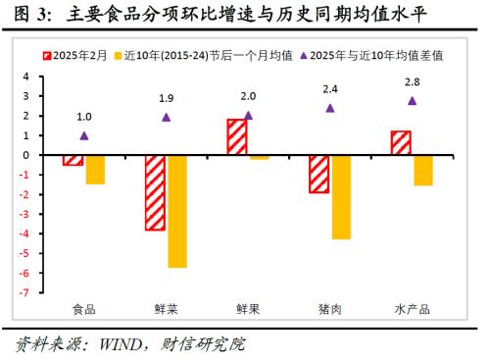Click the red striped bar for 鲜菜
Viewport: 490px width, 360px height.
[155, 192]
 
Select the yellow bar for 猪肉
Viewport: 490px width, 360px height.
[341, 196]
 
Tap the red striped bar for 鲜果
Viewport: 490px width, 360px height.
[237, 136]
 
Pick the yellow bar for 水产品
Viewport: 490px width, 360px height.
[423, 170]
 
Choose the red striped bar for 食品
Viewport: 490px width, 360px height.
[73, 159]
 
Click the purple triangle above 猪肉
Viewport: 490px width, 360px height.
[330, 108]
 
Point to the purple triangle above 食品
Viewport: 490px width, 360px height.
[84, 135]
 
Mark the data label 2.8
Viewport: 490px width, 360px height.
[413, 80]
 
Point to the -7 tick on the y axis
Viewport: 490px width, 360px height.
[26, 291]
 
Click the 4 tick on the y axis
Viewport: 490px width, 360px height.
[26, 77]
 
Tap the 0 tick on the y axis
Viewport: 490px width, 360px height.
[26, 155]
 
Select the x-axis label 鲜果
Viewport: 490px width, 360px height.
[248, 308]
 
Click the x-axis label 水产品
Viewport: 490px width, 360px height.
[413, 308]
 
